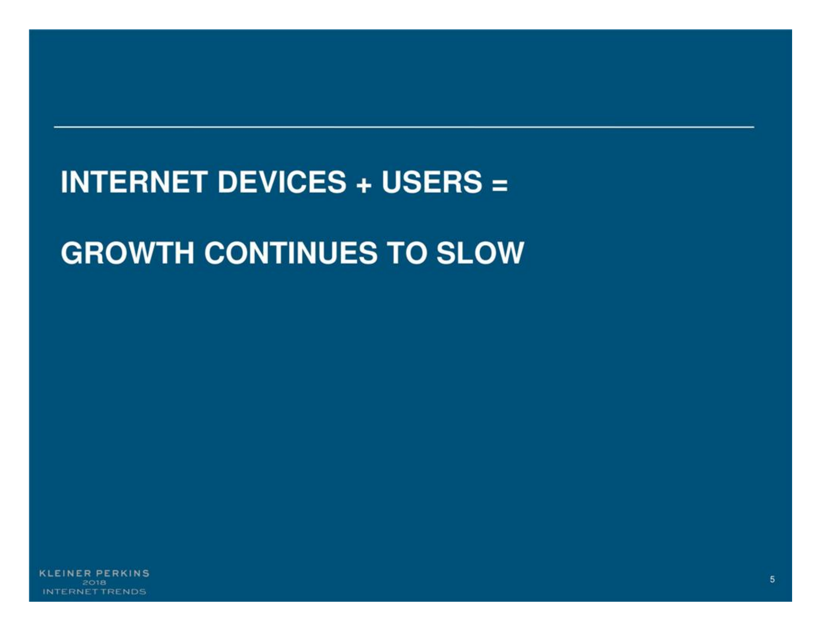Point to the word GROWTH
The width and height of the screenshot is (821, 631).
pyautogui.click(x=127, y=253)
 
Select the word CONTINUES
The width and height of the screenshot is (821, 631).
pyautogui.click(x=291, y=253)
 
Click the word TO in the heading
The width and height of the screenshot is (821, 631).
pyautogui.click(x=407, y=253)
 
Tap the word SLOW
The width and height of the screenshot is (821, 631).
pyautogui.click(x=480, y=253)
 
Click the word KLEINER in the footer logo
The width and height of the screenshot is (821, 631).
pyautogui.click(x=65, y=574)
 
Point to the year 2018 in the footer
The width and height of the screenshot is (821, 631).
pyautogui.click(x=94, y=583)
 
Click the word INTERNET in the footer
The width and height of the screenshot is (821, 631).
pyautogui.click(x=71, y=592)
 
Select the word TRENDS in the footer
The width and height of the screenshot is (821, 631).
pyautogui.click(x=124, y=592)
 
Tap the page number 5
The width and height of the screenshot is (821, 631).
pyautogui.click(x=772, y=579)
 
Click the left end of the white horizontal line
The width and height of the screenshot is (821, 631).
pyautogui.click(x=54, y=127)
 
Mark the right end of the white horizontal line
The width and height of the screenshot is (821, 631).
pyautogui.click(x=754, y=127)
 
